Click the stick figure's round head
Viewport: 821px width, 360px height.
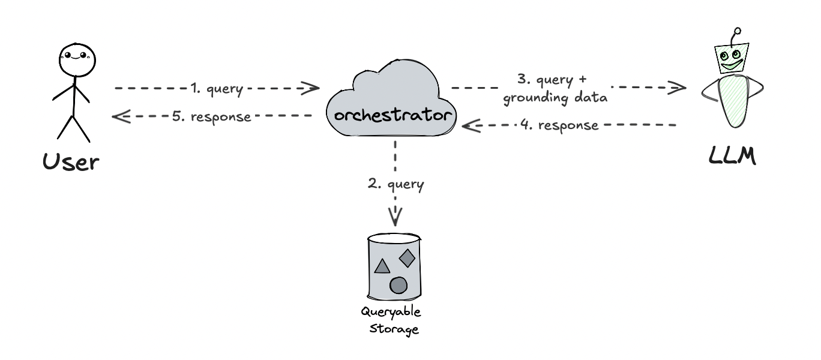77,60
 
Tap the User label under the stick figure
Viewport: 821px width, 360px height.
71,161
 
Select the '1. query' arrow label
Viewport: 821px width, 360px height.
217,89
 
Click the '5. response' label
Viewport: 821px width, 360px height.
211,117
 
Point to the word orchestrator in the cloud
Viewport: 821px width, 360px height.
392,115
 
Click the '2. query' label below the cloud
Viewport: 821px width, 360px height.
395,184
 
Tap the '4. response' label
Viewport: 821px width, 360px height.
559,125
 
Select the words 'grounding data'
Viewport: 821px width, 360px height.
555,98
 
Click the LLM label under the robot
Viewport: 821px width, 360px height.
732,156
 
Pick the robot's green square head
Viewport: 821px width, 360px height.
731,59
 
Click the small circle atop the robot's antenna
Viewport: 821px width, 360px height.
738,31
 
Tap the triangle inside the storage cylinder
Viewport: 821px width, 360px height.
382,266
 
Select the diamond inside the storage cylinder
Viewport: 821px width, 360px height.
407,258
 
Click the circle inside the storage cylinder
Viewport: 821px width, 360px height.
398,285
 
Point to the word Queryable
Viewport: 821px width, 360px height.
391,313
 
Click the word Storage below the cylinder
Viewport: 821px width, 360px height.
394,328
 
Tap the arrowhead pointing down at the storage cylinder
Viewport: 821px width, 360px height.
395,217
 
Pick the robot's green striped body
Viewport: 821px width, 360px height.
733,101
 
